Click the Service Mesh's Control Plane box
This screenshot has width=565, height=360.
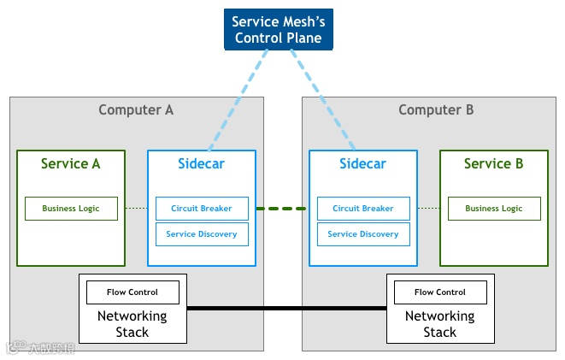[278, 29]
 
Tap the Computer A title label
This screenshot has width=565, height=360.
[136, 109]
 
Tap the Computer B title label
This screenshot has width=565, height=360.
[436, 109]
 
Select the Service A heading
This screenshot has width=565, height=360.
[71, 163]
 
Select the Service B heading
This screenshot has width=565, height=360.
[493, 163]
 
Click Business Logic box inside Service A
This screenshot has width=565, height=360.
[71, 209]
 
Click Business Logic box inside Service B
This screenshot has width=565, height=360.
[493, 209]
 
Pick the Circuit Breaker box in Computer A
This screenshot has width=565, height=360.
[202, 209]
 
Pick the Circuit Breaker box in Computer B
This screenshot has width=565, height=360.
[363, 209]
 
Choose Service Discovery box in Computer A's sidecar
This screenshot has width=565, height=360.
[202, 234]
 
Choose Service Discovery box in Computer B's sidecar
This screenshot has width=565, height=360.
[363, 234]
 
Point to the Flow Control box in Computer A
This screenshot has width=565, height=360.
[132, 292]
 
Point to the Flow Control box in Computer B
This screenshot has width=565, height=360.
[440, 292]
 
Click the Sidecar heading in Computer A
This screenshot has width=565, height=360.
[202, 163]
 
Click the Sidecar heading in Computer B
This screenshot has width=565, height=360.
[363, 163]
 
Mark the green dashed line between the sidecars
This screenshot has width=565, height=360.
[282, 209]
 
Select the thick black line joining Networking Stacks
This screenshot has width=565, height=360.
[286, 308]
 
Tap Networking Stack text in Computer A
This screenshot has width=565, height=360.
[132, 324]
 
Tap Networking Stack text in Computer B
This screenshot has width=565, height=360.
[440, 324]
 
